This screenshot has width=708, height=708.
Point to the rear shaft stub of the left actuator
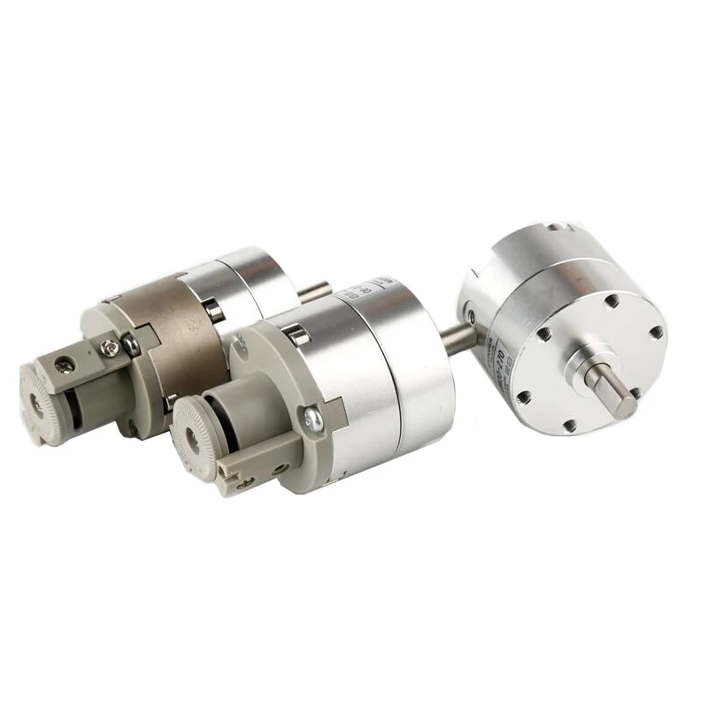(x=316, y=289)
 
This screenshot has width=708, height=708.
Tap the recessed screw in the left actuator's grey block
(x=65, y=363)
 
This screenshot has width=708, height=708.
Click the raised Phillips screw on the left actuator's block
(x=107, y=348)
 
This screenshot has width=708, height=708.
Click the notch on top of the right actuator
(x=555, y=229)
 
